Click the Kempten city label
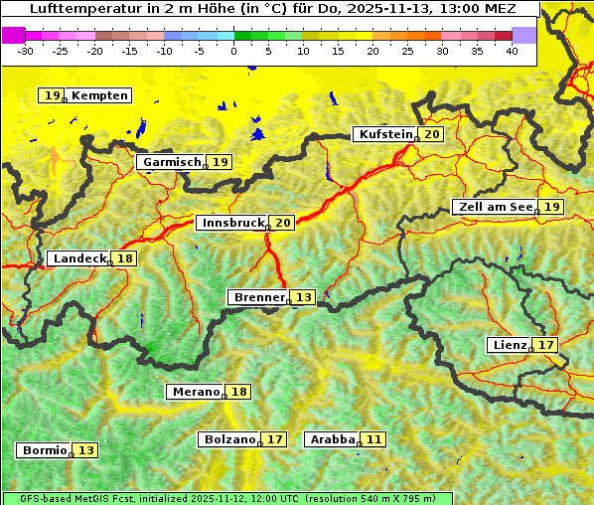(100, 95)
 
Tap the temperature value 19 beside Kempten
(52, 95)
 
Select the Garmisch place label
(171, 162)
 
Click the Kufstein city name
(384, 134)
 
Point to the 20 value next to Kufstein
(431, 134)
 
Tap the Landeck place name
(79, 258)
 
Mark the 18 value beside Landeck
(124, 258)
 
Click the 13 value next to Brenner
(303, 297)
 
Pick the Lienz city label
(511, 345)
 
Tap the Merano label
(195, 392)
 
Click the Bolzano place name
(230, 438)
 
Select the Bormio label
(44, 450)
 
